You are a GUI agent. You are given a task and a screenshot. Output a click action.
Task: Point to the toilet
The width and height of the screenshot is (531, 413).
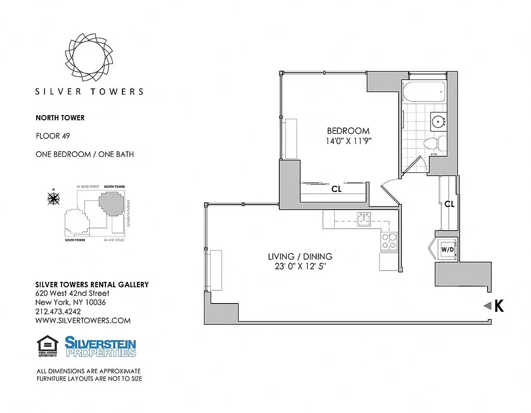[431, 144]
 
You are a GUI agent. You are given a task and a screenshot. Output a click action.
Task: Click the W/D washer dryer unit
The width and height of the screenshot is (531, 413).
[446, 250]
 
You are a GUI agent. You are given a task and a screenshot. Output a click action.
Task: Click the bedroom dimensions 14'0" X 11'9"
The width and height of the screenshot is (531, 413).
[348, 140]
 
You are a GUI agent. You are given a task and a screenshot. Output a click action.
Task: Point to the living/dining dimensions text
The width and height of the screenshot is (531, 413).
[300, 267]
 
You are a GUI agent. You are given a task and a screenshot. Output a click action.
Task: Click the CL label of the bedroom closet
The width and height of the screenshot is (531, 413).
[336, 189]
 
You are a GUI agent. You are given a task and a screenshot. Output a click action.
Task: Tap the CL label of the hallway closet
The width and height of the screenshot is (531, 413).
[449, 204]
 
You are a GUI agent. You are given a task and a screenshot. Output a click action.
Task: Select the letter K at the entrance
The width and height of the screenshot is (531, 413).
[498, 306]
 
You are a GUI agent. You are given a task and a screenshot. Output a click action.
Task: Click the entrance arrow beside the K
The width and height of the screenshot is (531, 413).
[486, 306]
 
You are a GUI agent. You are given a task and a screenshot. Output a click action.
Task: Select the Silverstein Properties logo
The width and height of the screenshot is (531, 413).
[100, 346]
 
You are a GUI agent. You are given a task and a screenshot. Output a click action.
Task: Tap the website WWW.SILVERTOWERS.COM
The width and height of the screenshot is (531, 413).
[83, 321]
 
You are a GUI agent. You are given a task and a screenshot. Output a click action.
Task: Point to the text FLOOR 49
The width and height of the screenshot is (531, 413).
[53, 136]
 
